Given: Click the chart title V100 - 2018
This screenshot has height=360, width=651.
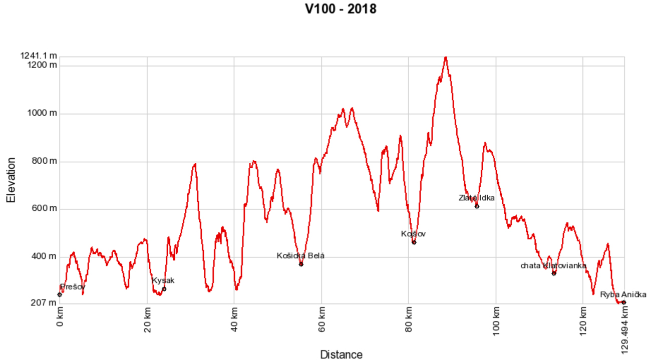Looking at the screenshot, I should tap(341, 9).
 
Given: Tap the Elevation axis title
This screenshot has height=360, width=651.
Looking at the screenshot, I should tap(11, 180).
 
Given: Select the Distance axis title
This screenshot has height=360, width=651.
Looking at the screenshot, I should tap(341, 354).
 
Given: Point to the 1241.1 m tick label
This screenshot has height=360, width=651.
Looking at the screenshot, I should tap(39, 56).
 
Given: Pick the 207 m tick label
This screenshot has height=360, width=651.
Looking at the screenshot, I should tap(43, 302).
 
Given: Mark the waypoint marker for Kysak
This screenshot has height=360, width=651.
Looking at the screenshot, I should tap(164, 289).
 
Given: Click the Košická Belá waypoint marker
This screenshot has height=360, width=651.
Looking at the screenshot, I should tap(301, 264).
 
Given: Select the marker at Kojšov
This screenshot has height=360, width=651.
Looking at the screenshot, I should tap(414, 242).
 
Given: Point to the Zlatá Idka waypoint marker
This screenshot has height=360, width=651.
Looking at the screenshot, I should tap(477, 206).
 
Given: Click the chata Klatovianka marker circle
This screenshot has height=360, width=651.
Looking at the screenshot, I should tap(554, 273).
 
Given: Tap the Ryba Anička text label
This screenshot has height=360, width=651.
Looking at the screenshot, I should tap(623, 294).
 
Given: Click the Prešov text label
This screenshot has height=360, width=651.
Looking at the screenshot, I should tap(73, 287).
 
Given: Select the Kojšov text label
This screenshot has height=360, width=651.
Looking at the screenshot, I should tap(413, 234).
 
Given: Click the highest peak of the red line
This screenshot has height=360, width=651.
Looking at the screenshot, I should tap(445, 58).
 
